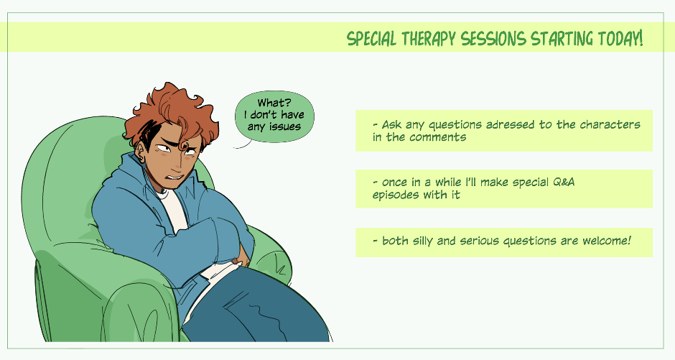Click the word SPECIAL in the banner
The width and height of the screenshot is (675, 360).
pos(371,39)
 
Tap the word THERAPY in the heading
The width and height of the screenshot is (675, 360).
pos(429,39)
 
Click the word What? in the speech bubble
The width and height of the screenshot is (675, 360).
pos(274,103)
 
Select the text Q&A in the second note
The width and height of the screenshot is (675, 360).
pos(563,182)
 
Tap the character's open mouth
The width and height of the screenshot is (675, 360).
pos(176,177)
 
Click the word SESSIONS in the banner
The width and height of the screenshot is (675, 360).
pos(493,39)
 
